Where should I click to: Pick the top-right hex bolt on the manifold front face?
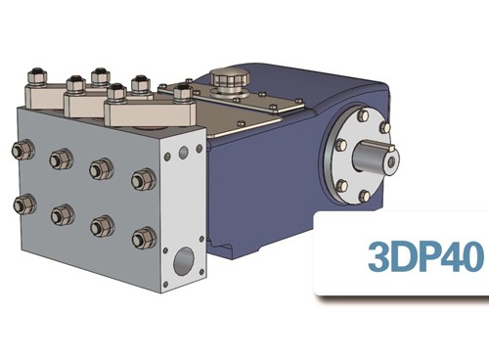click(x=143, y=179)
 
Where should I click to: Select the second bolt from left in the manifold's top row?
click(x=61, y=158)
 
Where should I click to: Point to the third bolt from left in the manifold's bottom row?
click(x=101, y=225)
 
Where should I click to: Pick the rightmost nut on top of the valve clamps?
click(x=182, y=95)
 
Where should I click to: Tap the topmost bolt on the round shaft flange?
click(x=365, y=116)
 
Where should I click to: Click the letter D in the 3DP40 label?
click(x=401, y=256)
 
